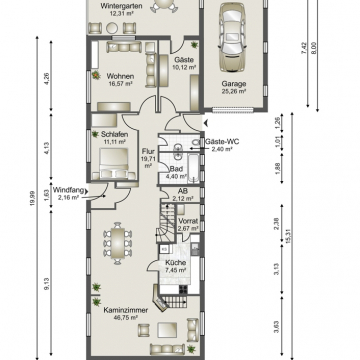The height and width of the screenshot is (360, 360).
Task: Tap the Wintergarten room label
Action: click(x=120, y=5)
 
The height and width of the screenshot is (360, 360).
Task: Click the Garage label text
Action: click(x=234, y=85)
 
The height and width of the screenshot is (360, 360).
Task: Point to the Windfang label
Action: click(x=67, y=189)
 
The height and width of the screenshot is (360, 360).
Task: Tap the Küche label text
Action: click(x=176, y=262)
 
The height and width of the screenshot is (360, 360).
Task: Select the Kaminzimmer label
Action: click(x=126, y=311)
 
